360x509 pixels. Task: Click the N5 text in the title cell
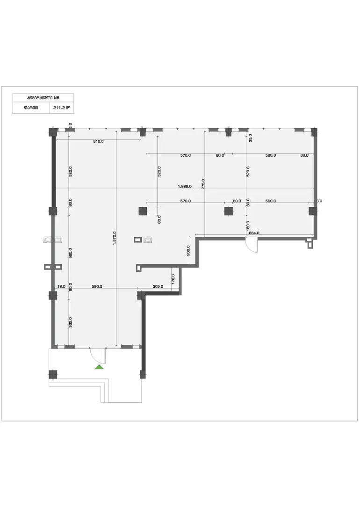pyautogui.click(x=56, y=98)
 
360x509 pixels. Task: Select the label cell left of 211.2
pyautogui.click(x=31, y=108)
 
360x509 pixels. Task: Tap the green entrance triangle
pyautogui.click(x=99, y=367)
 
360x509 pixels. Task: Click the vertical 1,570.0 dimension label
pyautogui.click(x=115, y=239)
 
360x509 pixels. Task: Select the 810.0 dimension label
pyautogui.click(x=98, y=140)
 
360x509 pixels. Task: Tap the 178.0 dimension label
pyautogui.click(x=173, y=280)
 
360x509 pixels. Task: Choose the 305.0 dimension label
pyautogui.click(x=158, y=287)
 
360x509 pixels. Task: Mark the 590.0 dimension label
pyautogui.click(x=97, y=287)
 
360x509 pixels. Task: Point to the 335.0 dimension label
pyautogui.click(x=70, y=322)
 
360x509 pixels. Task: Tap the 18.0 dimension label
pyautogui.click(x=60, y=287)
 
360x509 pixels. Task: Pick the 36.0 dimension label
pyautogui.click(x=304, y=155)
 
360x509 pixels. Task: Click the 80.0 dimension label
pyautogui.click(x=220, y=155)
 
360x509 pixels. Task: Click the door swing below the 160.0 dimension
pyautogui.click(x=252, y=245)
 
